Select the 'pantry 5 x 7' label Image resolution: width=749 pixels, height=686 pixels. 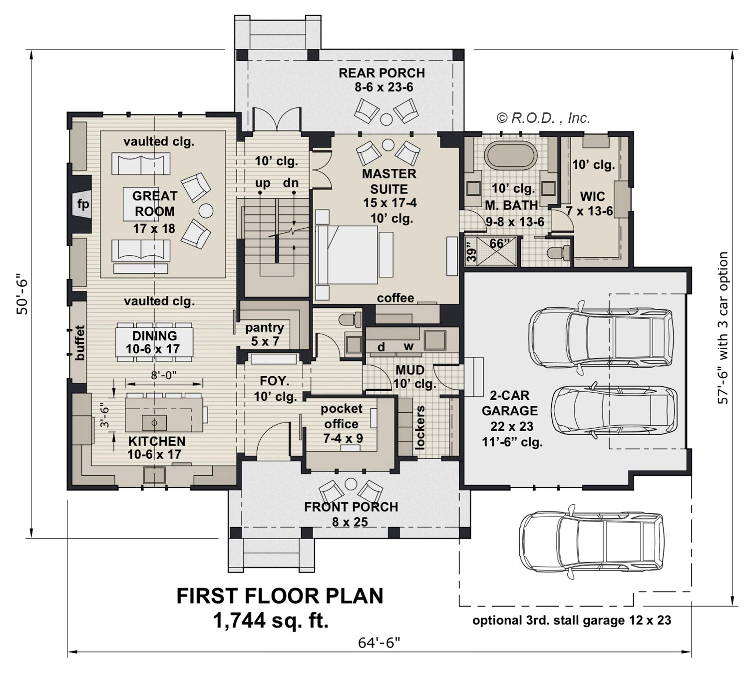(x=265, y=334)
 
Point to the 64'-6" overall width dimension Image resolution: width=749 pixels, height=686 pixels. (x=379, y=643)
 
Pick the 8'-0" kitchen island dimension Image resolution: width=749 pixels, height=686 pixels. (x=164, y=375)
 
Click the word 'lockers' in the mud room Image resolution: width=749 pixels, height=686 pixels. (x=419, y=428)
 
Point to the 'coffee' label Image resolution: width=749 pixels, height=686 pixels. (x=395, y=298)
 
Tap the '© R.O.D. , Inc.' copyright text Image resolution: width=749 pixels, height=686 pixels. (x=543, y=118)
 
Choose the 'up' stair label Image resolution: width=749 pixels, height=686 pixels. (x=263, y=183)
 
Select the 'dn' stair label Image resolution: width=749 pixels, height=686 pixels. (x=291, y=182)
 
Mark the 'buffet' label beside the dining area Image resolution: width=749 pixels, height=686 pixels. (x=79, y=343)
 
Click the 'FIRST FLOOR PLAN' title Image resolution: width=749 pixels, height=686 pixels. (x=280, y=596)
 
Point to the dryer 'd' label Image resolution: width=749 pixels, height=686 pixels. (x=381, y=347)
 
